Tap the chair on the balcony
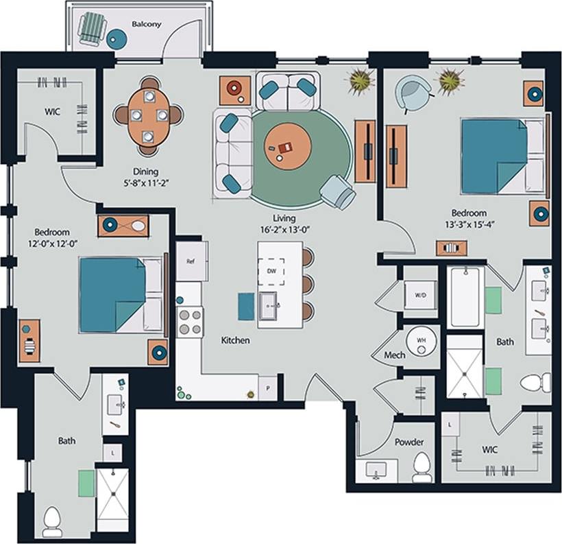(x=91, y=30)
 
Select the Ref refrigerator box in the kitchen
(x=192, y=261)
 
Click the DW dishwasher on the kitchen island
(x=271, y=270)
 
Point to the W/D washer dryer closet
(x=420, y=296)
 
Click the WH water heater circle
(x=421, y=340)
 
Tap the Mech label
(x=394, y=355)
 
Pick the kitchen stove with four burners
(x=191, y=321)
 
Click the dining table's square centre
(x=149, y=115)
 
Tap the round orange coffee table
(x=288, y=146)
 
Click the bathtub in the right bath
(x=467, y=296)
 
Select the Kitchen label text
(x=235, y=340)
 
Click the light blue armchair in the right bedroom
(x=415, y=93)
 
